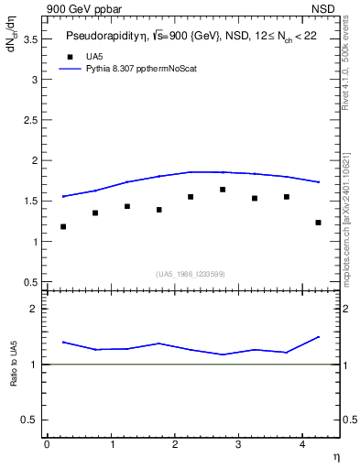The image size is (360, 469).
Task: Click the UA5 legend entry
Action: tap(94, 56)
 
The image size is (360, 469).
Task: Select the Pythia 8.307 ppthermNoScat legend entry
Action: tap(136, 68)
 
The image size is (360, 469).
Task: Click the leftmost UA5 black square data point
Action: tap(63, 226)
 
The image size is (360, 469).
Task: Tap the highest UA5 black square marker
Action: tap(223, 190)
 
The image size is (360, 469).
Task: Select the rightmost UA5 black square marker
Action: tap(318, 223)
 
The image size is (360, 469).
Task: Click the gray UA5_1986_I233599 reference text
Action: tap(191, 274)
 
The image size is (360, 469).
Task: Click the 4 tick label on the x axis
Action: tap(302, 443)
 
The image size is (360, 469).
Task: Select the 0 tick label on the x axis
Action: tap(47, 443)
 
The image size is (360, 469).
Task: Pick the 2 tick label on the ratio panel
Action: tap(35, 310)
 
